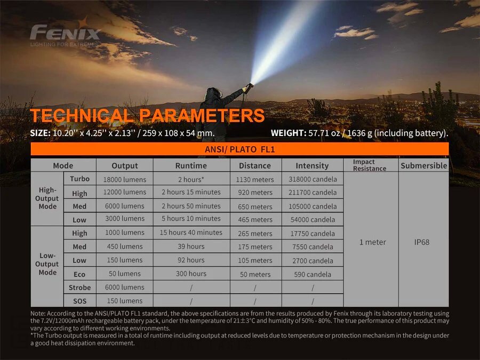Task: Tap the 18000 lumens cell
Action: [125, 179]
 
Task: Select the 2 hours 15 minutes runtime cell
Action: [191, 192]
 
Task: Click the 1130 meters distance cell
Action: [255, 179]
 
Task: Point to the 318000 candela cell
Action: [313, 179]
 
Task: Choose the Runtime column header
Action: [191, 166]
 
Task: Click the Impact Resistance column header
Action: [370, 165]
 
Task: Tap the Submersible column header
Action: [423, 166]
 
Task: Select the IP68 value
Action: [421, 242]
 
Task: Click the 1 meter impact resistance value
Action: [373, 242]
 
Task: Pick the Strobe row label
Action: [79, 287]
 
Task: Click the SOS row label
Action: [79, 301]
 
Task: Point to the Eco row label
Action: [79, 274]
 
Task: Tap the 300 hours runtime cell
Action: [191, 274]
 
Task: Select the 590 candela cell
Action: [313, 274]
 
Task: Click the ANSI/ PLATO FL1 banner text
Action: [239, 149]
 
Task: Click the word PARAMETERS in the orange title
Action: [202, 115]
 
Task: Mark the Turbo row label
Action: [79, 179]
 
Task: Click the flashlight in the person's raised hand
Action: [249, 87]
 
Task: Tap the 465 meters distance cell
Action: [255, 220]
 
